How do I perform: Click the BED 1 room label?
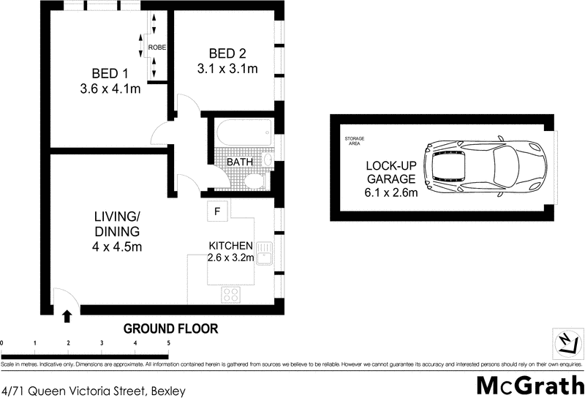[x=110, y=74]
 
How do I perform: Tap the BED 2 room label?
[x=227, y=53]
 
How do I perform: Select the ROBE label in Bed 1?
[x=156, y=48]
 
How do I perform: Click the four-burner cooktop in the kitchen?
[x=231, y=294]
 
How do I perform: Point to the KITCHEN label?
[x=231, y=246]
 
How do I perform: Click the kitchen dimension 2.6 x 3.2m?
[x=231, y=258]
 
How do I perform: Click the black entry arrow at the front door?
[x=67, y=316]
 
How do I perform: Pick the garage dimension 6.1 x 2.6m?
[x=392, y=193]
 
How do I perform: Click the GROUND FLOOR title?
[x=170, y=328]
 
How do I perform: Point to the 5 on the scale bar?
[x=168, y=342]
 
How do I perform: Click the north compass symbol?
[x=565, y=342]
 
